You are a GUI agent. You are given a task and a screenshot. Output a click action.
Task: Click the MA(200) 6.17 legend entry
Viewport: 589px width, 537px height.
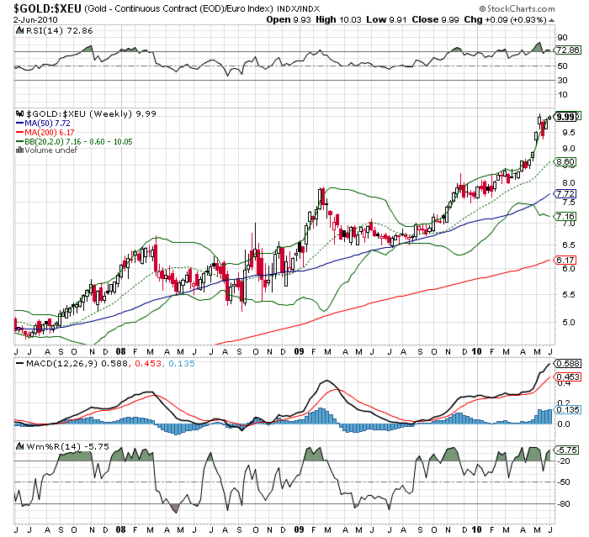click(x=42, y=133)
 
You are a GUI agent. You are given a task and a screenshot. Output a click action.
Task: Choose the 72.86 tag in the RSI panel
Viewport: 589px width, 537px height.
click(x=566, y=51)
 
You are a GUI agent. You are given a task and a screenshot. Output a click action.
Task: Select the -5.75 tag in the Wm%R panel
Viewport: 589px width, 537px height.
click(x=566, y=450)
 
